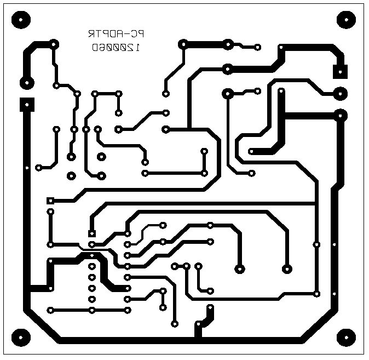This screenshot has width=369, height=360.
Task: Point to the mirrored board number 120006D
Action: tap(116, 48)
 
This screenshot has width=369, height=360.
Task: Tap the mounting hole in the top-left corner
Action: tap(20, 20)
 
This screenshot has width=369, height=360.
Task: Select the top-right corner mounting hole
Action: tap(346, 20)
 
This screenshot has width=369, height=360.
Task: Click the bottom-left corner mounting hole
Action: tap(20, 337)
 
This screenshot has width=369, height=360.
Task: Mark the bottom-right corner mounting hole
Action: tap(346, 337)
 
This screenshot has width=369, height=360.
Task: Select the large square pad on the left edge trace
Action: tap(26, 104)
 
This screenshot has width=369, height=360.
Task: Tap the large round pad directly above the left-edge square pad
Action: tap(26, 83)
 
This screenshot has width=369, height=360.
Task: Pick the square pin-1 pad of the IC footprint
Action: tap(92, 234)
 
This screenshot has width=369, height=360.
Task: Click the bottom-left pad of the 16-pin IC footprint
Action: tap(92, 310)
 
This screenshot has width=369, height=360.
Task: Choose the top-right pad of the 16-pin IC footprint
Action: tap(128, 234)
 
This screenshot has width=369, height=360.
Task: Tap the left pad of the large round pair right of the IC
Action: tap(239, 268)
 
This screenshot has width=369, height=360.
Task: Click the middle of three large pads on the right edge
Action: tap(341, 94)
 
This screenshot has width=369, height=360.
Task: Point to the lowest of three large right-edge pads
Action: tap(341, 115)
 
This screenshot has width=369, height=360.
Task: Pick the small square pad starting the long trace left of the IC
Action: tap(50, 201)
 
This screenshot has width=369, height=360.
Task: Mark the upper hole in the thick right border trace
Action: tap(335, 244)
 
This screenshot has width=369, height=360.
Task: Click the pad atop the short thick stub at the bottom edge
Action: tap(210, 310)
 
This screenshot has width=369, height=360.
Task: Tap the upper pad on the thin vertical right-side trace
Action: tap(316, 244)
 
